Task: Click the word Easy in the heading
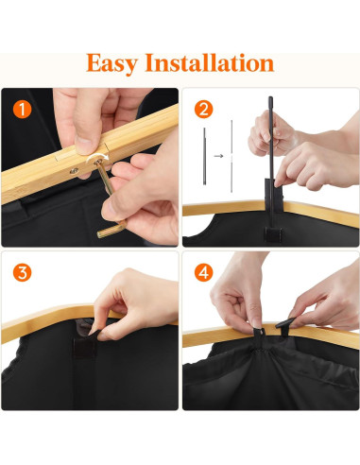pyautogui.click(x=111, y=64)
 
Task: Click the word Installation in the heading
pyautogui.click(x=209, y=62)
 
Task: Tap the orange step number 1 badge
pyautogui.click(x=23, y=110)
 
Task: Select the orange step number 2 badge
pyautogui.click(x=203, y=110)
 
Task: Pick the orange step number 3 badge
pyautogui.click(x=23, y=272)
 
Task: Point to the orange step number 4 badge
pyautogui.click(x=203, y=272)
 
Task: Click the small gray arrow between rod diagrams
pyautogui.click(x=218, y=156)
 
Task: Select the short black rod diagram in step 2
pyautogui.click(x=205, y=156)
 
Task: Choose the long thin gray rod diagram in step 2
pyautogui.click(x=231, y=156)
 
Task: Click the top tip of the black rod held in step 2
pyautogui.click(x=270, y=98)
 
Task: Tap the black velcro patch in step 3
pyautogui.click(x=85, y=347)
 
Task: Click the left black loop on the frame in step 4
pyautogui.click(x=260, y=333)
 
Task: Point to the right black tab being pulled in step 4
pyautogui.click(x=285, y=323)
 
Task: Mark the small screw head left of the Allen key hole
pyautogui.click(x=75, y=171)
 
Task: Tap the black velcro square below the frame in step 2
pyautogui.click(x=273, y=233)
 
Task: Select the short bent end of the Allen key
pyautogui.click(x=111, y=230)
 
